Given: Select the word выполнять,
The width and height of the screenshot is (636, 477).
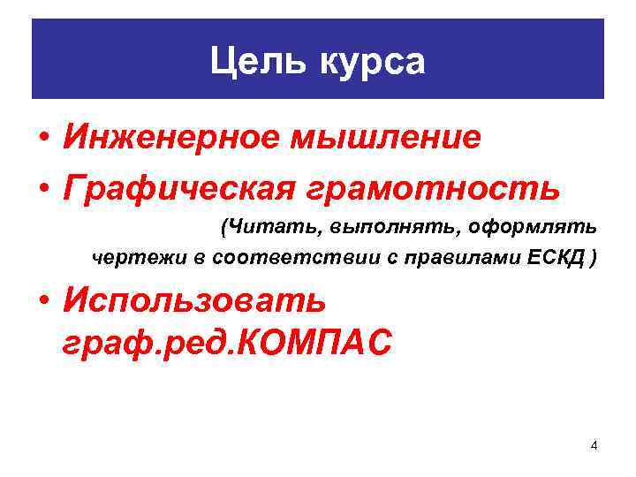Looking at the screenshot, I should pyautogui.click(x=382, y=228).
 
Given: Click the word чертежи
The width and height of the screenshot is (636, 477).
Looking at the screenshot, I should pyautogui.click(x=131, y=258).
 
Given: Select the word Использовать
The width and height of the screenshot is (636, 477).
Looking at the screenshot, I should pyautogui.click(x=194, y=300).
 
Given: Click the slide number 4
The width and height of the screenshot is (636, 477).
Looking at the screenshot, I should pyautogui.click(x=594, y=445).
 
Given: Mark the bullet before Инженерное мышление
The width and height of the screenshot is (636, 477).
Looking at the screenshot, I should pyautogui.click(x=42, y=140).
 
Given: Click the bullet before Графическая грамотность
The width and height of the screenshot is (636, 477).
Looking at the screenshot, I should pyautogui.click(x=42, y=188).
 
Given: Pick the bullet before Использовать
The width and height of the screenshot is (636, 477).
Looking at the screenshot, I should pyautogui.click(x=42, y=301).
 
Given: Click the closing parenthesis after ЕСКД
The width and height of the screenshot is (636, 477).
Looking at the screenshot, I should pyautogui.click(x=594, y=258).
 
